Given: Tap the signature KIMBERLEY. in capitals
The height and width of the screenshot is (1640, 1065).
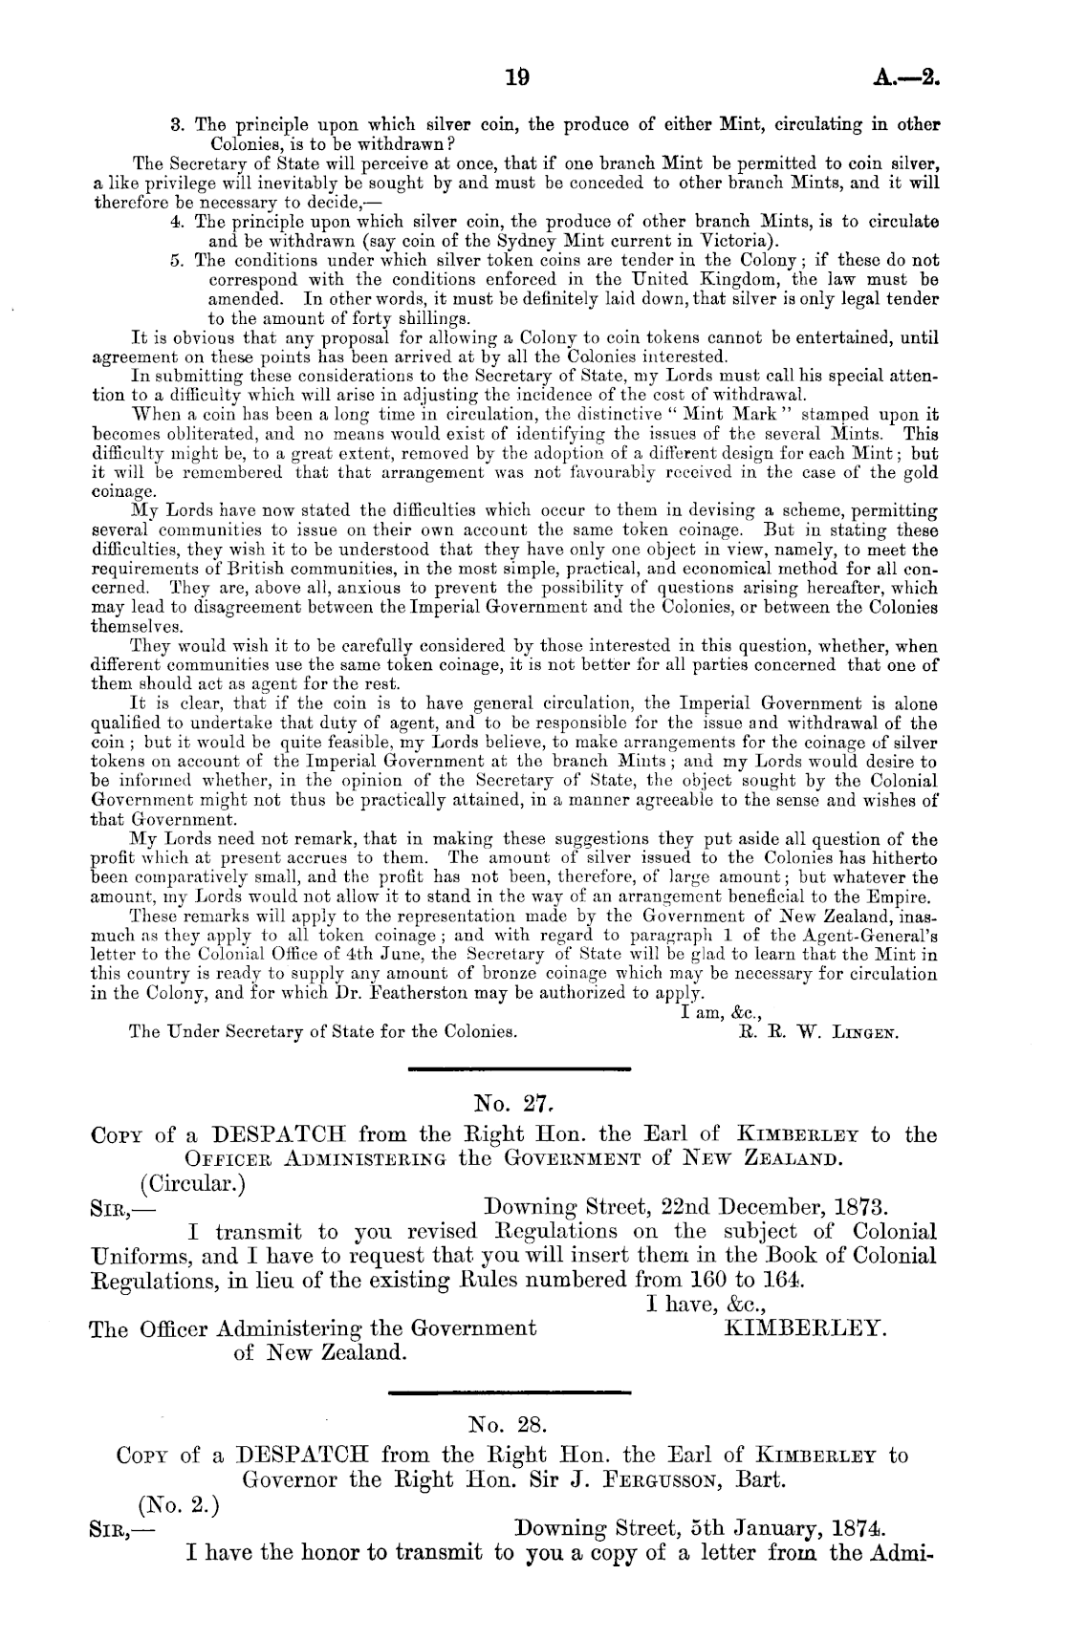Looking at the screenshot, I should click(808, 1327).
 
